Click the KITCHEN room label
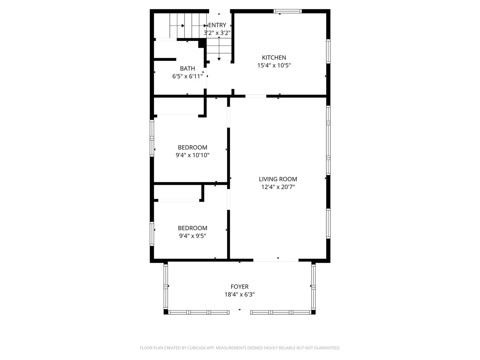pyautogui.click(x=274, y=57)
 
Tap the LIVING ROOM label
pyautogui.click(x=278, y=179)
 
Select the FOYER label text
pyautogui.click(x=239, y=287)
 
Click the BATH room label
pyautogui.click(x=187, y=68)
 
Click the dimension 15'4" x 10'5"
pyautogui.click(x=274, y=65)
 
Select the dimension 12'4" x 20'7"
pyautogui.click(x=278, y=187)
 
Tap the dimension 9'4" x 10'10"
pyautogui.click(x=192, y=155)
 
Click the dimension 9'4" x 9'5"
pyautogui.click(x=192, y=236)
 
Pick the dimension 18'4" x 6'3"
pyautogui.click(x=239, y=295)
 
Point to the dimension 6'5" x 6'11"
pyautogui.click(x=187, y=76)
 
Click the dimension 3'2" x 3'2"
pyautogui.click(x=217, y=33)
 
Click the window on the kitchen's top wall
pyautogui.click(x=288, y=12)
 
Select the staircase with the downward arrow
pyautogui.click(x=219, y=49)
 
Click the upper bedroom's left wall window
pyautogui.click(x=152, y=138)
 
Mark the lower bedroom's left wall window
pyautogui.click(x=152, y=234)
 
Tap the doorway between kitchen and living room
pyautogui.click(x=256, y=96)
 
